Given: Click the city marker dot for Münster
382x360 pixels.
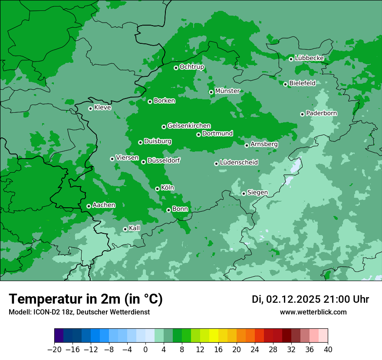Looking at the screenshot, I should (x=211, y=92).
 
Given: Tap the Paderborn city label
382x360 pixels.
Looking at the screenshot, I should (x=321, y=113).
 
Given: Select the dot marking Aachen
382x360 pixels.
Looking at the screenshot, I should (x=89, y=206).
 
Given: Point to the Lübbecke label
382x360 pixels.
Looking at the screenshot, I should (x=309, y=58).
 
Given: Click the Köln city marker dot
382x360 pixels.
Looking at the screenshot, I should (x=157, y=189).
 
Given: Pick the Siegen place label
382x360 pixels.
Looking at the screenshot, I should (x=257, y=193).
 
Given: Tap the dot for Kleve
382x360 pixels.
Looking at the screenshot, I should (x=90, y=108).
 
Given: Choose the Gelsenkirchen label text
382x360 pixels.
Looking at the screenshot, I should (x=189, y=126).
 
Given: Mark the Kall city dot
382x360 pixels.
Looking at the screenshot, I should (x=125, y=229).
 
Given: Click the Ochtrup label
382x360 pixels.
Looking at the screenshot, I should (x=191, y=67).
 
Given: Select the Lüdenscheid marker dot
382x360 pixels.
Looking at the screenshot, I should (x=216, y=164).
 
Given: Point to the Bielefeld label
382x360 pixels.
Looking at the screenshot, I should (x=302, y=83).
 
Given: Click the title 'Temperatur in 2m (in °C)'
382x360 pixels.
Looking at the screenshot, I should (x=86, y=299).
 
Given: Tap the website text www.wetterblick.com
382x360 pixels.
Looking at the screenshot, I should (x=313, y=312).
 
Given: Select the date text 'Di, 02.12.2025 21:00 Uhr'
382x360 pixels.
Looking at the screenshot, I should (x=310, y=299).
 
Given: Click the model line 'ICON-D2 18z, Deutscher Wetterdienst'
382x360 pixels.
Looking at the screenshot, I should (x=79, y=312).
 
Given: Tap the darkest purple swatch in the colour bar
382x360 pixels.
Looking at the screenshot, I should (x=59, y=336).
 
